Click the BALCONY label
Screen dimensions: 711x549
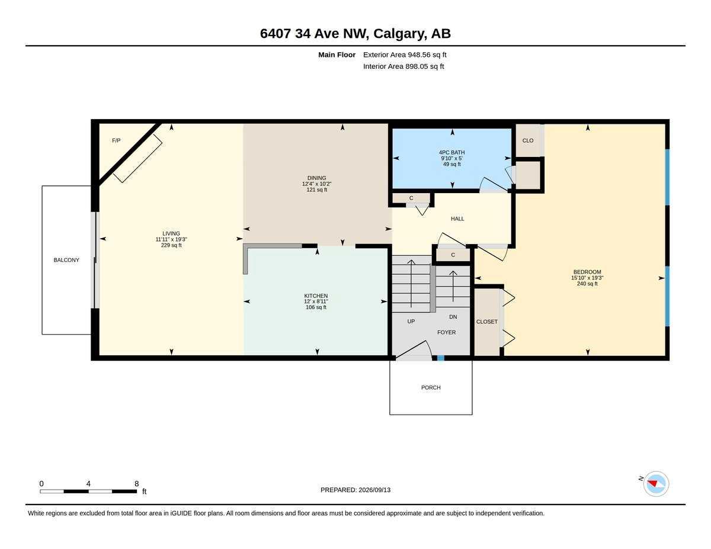66,260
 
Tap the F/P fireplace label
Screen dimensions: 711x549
116,140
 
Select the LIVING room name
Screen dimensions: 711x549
171,233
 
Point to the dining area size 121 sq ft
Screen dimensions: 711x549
317,190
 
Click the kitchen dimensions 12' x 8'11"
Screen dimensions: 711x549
316,301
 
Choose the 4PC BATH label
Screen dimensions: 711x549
452,152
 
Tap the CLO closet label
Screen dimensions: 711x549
528,140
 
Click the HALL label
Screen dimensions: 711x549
457,219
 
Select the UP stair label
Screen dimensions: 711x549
411,322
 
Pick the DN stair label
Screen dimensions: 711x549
453,317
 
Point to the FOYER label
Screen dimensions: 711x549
447,333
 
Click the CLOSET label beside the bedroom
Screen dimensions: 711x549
487,322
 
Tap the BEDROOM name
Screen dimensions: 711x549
587,272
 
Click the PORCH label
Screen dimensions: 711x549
431,387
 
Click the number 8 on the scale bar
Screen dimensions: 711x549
136,484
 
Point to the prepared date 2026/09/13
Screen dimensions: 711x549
374,490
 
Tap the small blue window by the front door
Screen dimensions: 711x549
441,358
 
